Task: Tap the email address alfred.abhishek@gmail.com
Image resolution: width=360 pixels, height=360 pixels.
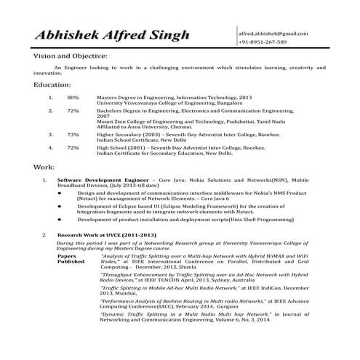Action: click(282, 33)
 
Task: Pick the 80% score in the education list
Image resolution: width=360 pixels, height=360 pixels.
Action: click(73, 97)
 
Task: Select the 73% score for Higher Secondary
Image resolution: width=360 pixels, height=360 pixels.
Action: click(73, 135)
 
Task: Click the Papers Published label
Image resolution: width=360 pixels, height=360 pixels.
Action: click(71, 260)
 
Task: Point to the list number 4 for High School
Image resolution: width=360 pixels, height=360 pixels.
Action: click(50, 148)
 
